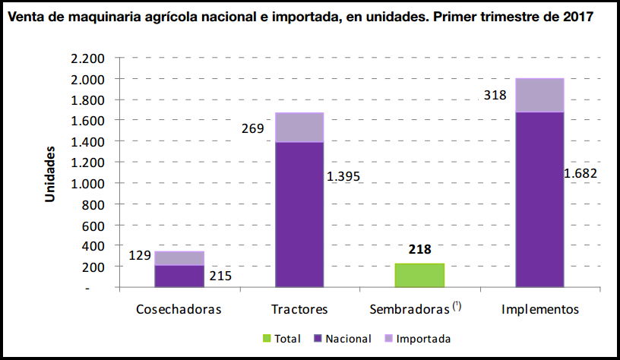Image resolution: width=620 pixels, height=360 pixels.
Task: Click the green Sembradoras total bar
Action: (x=419, y=275)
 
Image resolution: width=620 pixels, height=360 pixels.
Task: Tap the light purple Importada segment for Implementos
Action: (x=539, y=95)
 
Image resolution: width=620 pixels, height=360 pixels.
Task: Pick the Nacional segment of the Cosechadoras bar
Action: (x=179, y=276)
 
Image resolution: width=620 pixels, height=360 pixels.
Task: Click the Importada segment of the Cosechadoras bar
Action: (x=179, y=258)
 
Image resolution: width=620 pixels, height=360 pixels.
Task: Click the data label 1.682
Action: (x=580, y=173)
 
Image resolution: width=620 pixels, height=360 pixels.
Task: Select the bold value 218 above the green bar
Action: (x=419, y=249)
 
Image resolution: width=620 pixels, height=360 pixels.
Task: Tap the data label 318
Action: (x=495, y=95)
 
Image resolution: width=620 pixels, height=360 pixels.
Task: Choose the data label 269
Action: (x=251, y=128)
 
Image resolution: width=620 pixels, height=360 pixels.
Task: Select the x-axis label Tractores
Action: (x=299, y=310)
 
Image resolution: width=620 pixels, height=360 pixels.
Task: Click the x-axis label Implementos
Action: (x=540, y=310)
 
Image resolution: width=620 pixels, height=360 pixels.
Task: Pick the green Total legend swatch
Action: (x=266, y=339)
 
